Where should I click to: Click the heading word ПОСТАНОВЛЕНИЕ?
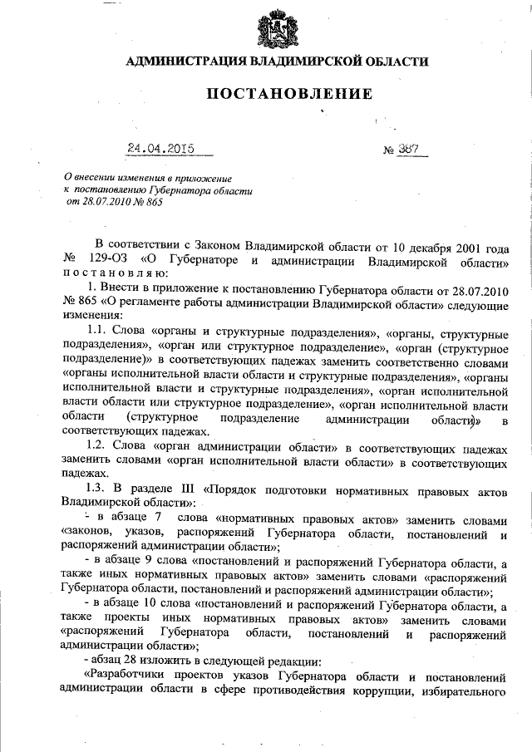[288, 94]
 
